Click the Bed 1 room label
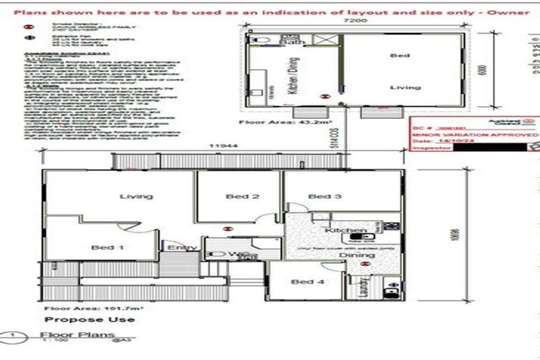(x=108, y=247)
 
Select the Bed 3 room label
(x=324, y=197)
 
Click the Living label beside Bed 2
(x=136, y=197)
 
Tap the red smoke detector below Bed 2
(x=226, y=228)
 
